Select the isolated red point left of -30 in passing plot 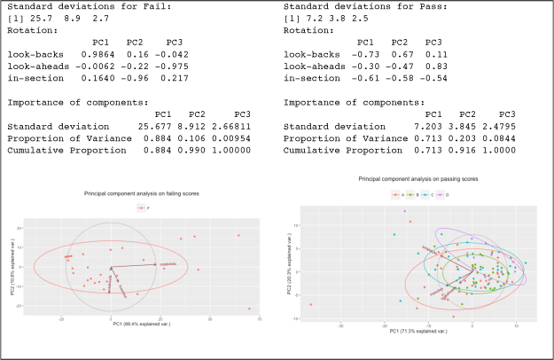(x=310, y=304)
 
